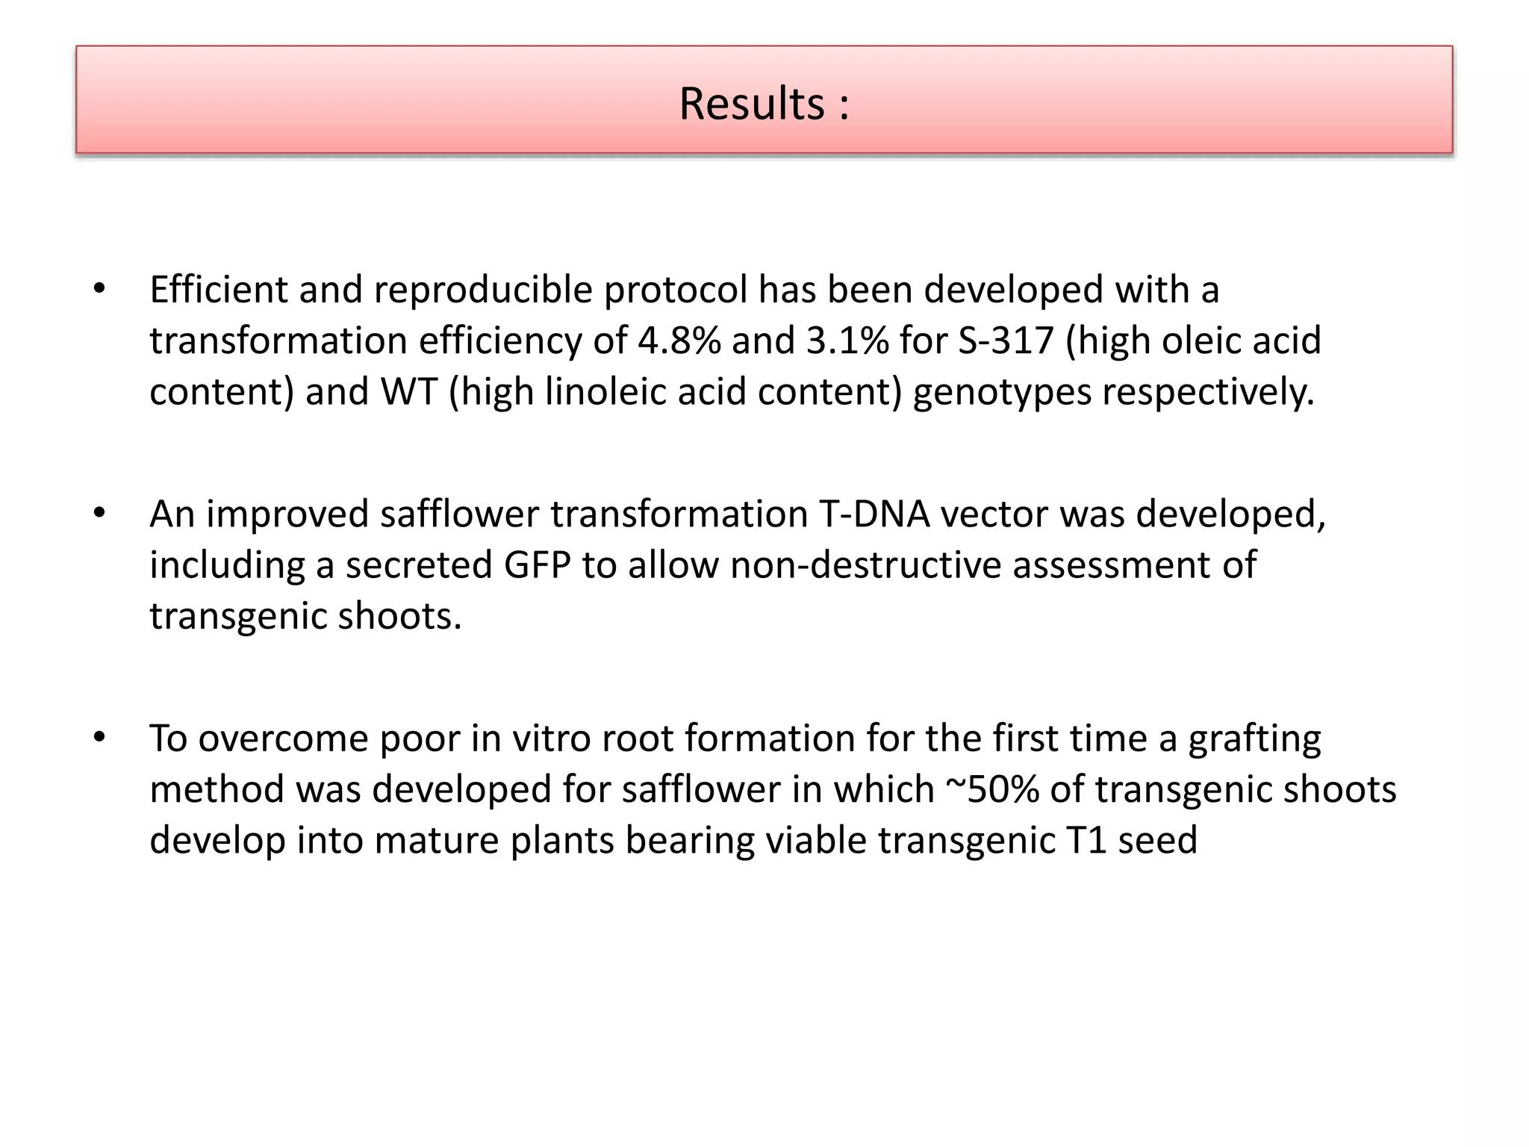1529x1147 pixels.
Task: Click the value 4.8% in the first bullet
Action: [679, 341]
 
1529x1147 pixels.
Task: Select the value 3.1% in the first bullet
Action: [847, 341]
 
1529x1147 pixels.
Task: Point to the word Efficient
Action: [218, 290]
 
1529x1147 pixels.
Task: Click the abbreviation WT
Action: [409, 392]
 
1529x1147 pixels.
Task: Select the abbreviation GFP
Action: [537, 565]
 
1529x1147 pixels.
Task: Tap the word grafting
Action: [1254, 739]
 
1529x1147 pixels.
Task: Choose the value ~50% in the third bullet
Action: [992, 790]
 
